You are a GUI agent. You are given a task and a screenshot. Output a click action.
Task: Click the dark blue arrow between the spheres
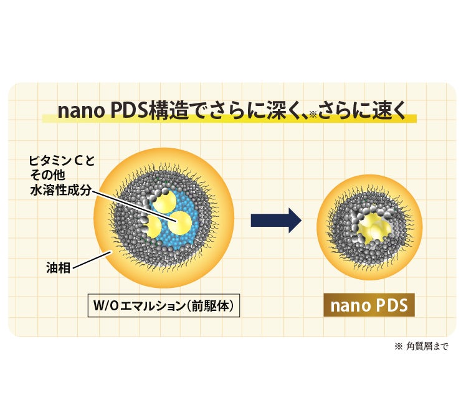click(x=275, y=220)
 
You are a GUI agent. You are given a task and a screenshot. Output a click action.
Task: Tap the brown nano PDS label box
click(x=368, y=305)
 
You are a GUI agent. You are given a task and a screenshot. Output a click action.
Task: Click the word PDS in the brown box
click(x=389, y=305)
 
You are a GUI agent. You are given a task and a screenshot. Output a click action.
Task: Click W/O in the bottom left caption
click(x=108, y=307)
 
